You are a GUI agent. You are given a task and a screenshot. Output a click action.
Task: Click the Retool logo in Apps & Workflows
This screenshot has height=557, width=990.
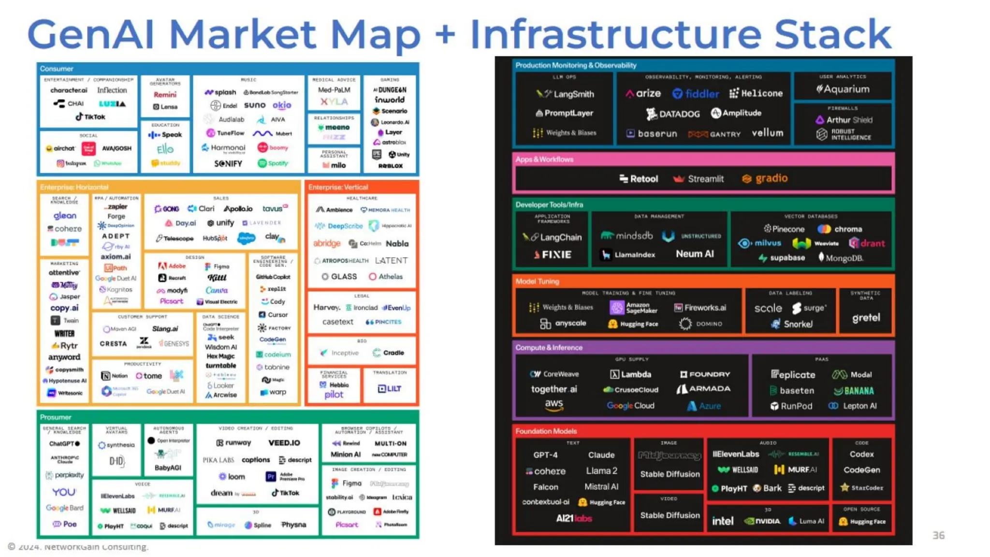[x=639, y=179]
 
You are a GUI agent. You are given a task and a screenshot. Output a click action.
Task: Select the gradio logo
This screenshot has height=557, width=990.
[x=765, y=178]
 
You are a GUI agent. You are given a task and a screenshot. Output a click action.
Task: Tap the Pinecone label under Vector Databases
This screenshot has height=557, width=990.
[x=784, y=229]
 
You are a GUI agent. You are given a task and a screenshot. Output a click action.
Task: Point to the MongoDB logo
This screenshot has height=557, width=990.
[x=841, y=258]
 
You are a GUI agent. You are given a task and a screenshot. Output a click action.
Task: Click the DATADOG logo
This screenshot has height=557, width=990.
[x=673, y=114]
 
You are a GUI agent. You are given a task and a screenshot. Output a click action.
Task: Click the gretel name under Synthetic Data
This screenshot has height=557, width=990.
[x=866, y=318]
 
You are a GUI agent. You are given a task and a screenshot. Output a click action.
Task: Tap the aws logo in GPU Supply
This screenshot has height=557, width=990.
[x=554, y=404]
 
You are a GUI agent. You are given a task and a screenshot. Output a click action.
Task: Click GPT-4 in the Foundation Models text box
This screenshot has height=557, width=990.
[x=545, y=455]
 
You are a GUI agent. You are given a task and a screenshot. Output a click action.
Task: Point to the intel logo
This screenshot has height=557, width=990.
[x=722, y=521]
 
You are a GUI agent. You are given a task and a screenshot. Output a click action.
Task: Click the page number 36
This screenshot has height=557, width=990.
[x=938, y=535]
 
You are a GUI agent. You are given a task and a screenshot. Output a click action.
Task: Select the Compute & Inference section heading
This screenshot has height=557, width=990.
[x=549, y=348]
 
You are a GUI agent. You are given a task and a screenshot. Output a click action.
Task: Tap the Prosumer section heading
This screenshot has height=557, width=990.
[x=56, y=417]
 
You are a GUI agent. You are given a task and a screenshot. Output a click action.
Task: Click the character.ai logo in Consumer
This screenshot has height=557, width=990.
[x=69, y=90]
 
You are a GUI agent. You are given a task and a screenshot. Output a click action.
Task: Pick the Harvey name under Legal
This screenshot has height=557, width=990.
[x=326, y=308]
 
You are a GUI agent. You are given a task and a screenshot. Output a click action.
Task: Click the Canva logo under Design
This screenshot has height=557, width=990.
[x=216, y=290]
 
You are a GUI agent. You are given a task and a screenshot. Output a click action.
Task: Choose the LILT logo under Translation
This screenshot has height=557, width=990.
[x=389, y=388]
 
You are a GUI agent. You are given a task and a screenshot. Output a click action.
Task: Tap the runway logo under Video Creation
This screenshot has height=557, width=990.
[x=234, y=443]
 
